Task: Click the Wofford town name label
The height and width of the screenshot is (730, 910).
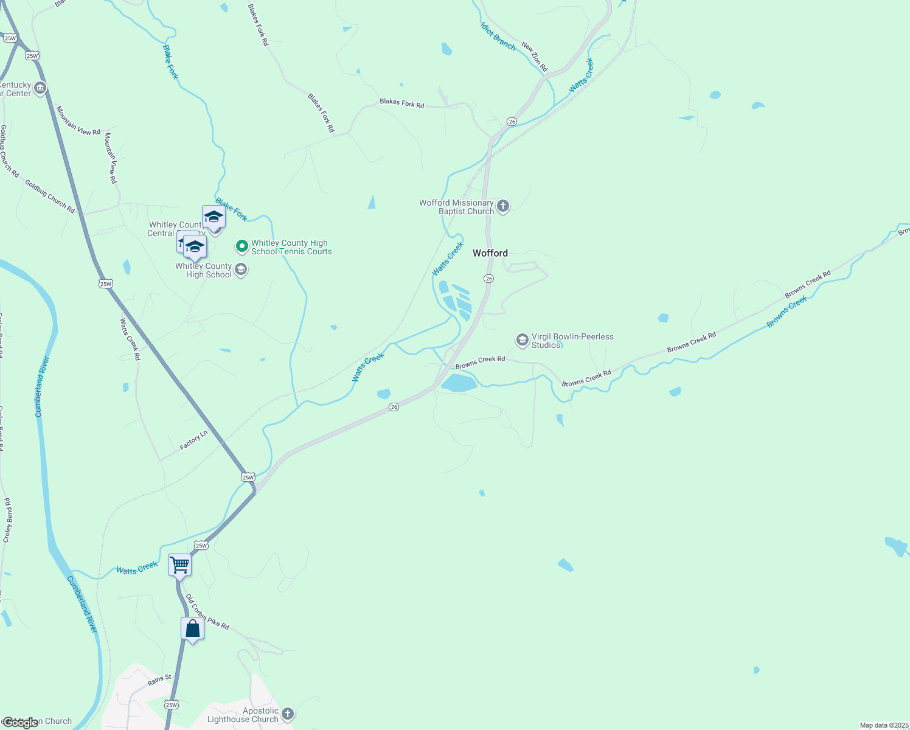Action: click(x=490, y=253)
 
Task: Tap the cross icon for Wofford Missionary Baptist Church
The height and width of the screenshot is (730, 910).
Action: click(x=503, y=206)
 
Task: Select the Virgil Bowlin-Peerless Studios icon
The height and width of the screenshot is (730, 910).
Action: click(x=522, y=340)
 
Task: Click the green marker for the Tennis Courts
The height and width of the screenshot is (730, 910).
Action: click(x=242, y=246)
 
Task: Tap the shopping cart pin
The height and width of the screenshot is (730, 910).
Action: click(x=180, y=565)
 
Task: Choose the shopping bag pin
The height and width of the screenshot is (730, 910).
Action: click(x=192, y=628)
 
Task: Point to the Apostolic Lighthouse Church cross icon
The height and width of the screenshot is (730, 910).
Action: click(x=287, y=714)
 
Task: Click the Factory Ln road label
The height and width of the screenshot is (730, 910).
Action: click(x=193, y=440)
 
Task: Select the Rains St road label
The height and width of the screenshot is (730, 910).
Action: click(x=159, y=680)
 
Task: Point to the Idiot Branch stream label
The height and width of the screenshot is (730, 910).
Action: click(x=498, y=36)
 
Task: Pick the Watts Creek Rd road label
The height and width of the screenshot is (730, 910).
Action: click(x=130, y=339)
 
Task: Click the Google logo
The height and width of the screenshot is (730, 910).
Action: click(x=21, y=722)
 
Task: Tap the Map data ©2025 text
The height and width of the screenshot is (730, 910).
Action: click(x=883, y=725)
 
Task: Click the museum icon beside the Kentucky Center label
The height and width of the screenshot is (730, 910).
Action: click(x=40, y=89)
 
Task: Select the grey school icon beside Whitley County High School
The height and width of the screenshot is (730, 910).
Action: click(x=241, y=270)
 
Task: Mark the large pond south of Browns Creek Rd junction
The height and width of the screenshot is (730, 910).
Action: click(x=459, y=383)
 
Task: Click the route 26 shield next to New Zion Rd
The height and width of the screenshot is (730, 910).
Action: click(x=512, y=122)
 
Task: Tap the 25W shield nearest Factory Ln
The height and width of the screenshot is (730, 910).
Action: click(x=248, y=477)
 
